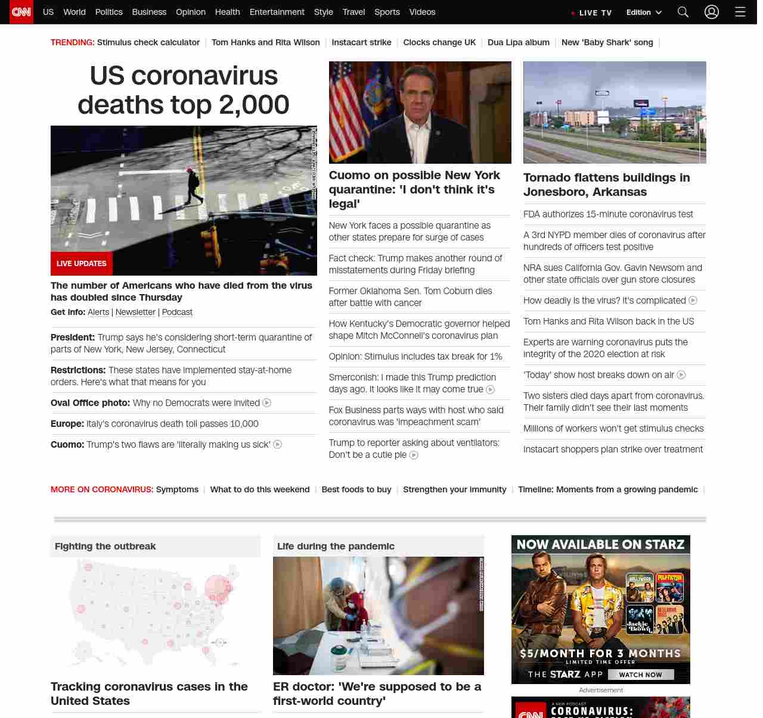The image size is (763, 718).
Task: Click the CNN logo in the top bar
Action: click(21, 12)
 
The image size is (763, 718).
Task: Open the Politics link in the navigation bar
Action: click(108, 12)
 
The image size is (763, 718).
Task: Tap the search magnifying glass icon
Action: click(683, 12)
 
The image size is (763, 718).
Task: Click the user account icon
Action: click(712, 12)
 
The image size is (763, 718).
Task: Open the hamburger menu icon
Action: click(740, 12)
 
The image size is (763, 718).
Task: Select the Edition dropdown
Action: click(644, 12)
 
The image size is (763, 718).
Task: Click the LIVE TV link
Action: click(591, 13)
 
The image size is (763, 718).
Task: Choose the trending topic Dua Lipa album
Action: click(518, 42)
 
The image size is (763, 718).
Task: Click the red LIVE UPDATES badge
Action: click(82, 263)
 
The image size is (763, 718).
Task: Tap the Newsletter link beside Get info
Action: click(135, 312)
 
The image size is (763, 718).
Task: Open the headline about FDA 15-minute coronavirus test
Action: click(608, 214)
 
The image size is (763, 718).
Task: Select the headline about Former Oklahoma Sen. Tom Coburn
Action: click(410, 296)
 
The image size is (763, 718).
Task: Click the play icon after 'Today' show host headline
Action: click(681, 375)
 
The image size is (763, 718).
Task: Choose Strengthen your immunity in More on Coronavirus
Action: click(454, 489)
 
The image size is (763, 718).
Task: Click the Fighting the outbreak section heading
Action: click(105, 546)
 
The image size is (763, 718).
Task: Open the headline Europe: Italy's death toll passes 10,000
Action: click(154, 423)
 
